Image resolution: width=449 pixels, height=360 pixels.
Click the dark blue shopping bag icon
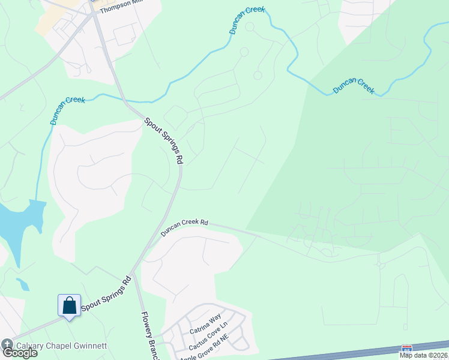70,305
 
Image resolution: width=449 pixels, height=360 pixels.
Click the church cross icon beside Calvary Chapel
7,344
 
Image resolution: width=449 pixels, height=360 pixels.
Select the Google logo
19,353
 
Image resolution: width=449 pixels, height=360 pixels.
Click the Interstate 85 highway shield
407,348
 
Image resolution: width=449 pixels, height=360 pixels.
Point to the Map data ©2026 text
423,355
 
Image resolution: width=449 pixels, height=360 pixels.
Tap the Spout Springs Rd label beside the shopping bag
106,293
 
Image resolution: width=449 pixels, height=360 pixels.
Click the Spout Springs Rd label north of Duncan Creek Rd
163,140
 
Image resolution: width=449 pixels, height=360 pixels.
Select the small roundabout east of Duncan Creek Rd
379,265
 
